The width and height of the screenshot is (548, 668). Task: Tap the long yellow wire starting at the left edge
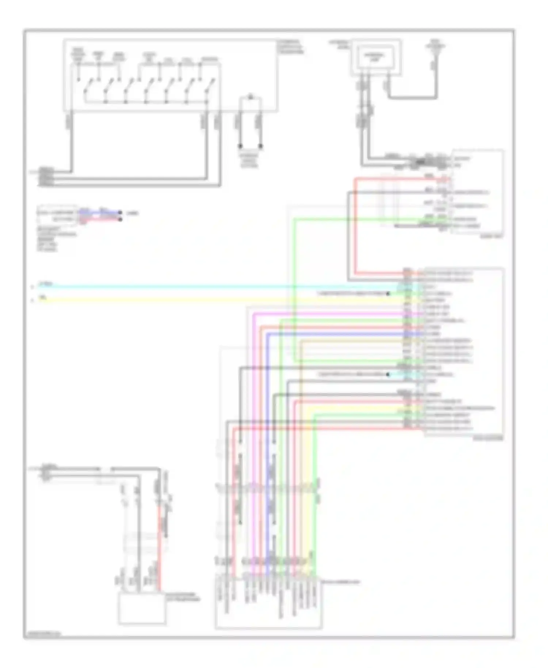point(183,300)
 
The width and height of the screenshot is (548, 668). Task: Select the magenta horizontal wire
point(329,314)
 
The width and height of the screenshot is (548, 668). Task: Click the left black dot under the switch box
point(240,146)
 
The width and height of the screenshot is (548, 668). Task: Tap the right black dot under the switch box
point(260,146)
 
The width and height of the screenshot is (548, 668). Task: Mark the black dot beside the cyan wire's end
point(388,293)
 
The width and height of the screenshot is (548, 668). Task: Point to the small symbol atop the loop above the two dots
point(251,97)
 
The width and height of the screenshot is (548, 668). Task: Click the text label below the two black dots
point(249,160)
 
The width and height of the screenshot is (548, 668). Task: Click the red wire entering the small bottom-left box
point(159,548)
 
